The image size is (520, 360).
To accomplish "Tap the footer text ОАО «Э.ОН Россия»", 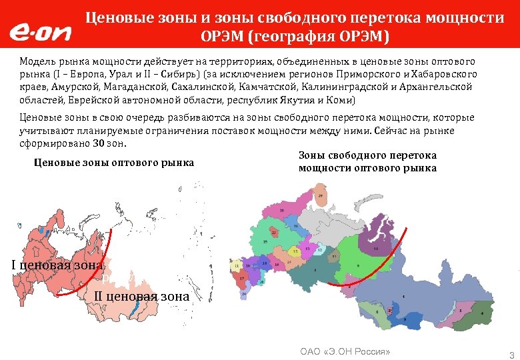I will [x=345, y=351].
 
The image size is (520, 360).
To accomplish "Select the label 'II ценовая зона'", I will [x=137, y=295].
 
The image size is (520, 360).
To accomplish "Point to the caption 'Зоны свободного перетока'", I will [x=368, y=155].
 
